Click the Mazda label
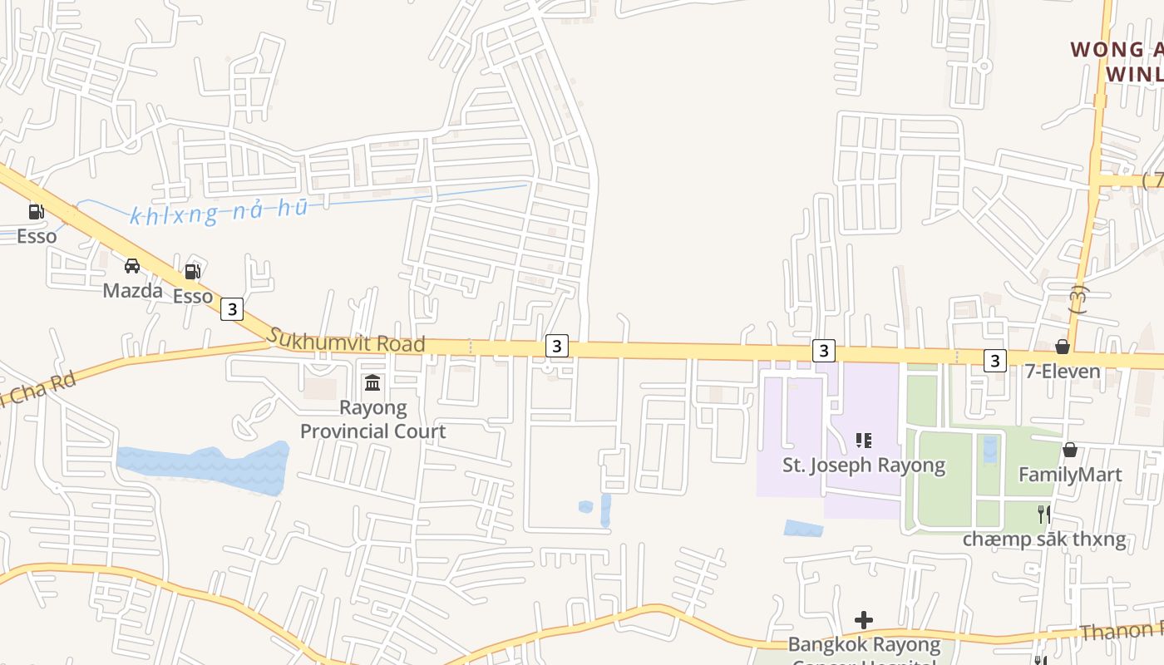pos(133,290)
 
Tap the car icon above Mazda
pos(132,266)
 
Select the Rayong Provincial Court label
pos(372,420)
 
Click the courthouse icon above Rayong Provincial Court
pos(372,383)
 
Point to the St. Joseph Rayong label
pos(864,465)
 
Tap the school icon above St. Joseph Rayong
pos(864,440)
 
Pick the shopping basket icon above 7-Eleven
pos(1063,347)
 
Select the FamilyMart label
pos(1070,475)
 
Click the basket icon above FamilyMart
pos(1070,450)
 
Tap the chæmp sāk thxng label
pos(1044,539)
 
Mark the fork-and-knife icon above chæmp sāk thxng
pos(1044,515)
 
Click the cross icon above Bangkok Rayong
pos(864,620)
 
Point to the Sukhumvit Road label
pos(346,340)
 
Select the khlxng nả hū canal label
pos(219,211)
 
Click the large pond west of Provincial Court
pos(204,468)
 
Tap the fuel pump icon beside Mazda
pos(192,271)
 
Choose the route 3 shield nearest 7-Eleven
pos(994,361)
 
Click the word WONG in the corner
pos(1106,50)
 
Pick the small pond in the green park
pos(989,449)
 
